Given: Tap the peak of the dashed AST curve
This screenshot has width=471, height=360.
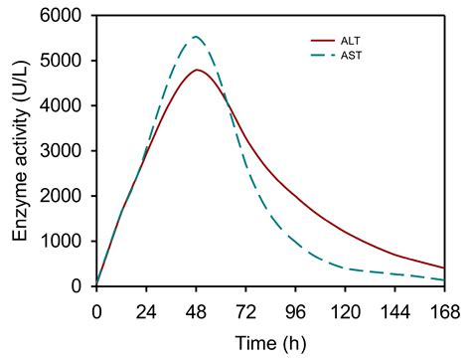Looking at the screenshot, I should pyautogui.click(x=196, y=38).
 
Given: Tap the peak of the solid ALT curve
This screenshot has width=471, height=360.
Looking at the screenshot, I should pyautogui.click(x=198, y=70).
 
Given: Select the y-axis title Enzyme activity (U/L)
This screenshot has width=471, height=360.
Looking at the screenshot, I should pyautogui.click(x=20, y=151).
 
